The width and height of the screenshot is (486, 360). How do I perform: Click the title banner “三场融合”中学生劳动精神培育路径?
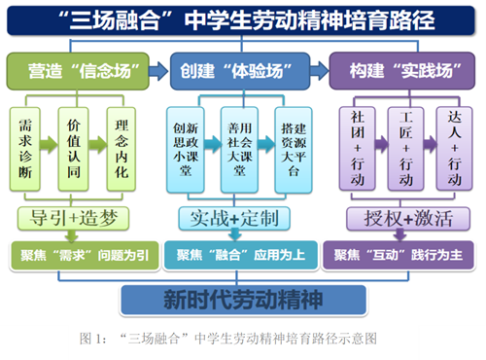243,20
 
